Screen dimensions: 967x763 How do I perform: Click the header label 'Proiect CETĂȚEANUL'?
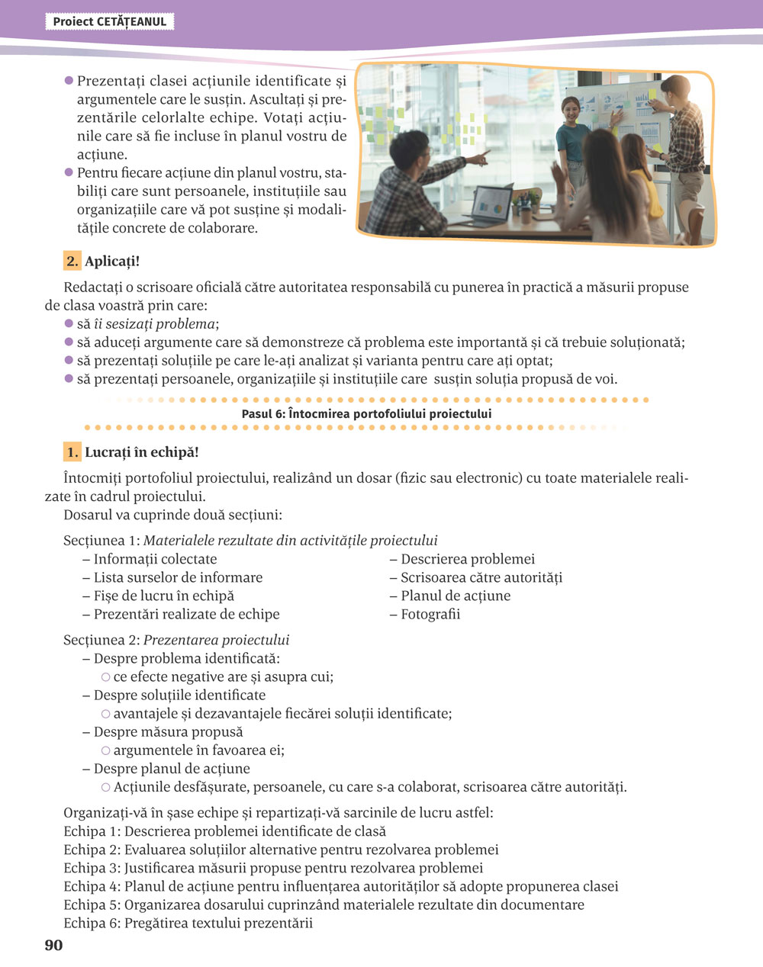pyautogui.click(x=109, y=22)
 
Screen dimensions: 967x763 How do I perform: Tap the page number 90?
pyautogui.click(x=53, y=946)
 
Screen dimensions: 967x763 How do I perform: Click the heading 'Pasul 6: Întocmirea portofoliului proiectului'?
pyautogui.click(x=366, y=414)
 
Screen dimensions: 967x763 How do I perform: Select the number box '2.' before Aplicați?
pyautogui.click(x=72, y=262)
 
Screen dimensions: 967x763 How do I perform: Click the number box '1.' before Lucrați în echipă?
pyautogui.click(x=72, y=452)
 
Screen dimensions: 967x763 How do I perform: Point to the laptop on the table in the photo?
pyautogui.click(x=490, y=204)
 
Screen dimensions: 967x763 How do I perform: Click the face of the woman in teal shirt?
pyautogui.click(x=571, y=107)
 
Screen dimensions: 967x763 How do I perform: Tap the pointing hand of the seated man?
pyautogui.click(x=481, y=156)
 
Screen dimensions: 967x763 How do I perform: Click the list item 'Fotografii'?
pyautogui.click(x=430, y=615)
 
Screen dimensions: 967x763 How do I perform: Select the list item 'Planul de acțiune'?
pyautogui.click(x=456, y=596)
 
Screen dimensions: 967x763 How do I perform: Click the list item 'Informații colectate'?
pyautogui.click(x=155, y=560)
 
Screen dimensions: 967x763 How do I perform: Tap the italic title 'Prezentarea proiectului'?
pyautogui.click(x=216, y=641)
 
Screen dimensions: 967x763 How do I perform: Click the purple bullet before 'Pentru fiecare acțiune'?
pyautogui.click(x=69, y=173)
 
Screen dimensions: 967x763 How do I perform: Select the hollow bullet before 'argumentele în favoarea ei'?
pyautogui.click(x=106, y=750)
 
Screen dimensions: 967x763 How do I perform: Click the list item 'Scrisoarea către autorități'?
pyautogui.click(x=481, y=578)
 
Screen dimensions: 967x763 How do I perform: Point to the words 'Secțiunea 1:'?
pyautogui.click(x=101, y=541)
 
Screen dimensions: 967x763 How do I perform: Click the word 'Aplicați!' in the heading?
pyautogui.click(x=112, y=262)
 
